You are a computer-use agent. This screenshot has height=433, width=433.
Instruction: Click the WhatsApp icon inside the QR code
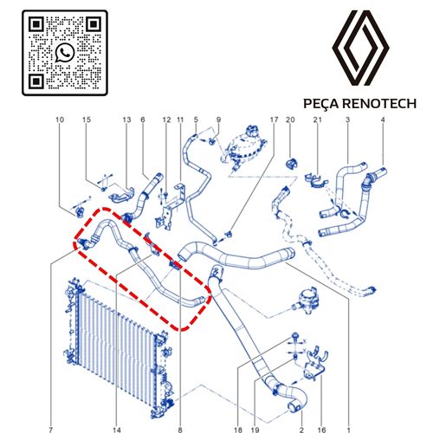[x=65, y=53]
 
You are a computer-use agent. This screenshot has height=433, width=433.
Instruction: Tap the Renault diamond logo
[x=360, y=48]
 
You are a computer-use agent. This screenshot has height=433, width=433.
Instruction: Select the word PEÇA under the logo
[x=321, y=104]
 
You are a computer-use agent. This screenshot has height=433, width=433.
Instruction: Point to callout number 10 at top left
[x=60, y=120]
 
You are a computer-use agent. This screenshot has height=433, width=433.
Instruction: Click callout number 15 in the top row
[x=87, y=120]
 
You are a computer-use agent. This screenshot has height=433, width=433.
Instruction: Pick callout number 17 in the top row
[x=274, y=120]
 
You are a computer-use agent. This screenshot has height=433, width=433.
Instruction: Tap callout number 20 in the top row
[x=290, y=120]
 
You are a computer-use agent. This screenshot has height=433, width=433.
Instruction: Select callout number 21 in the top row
[x=317, y=120]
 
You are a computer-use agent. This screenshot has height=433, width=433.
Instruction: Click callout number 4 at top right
[x=383, y=120]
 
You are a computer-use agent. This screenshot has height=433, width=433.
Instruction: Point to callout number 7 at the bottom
[x=51, y=430]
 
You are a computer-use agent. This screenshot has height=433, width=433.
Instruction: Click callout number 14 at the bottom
[x=117, y=430]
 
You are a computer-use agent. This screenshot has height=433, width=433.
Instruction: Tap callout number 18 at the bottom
[x=238, y=430]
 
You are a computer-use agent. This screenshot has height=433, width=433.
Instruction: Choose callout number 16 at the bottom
[x=321, y=430]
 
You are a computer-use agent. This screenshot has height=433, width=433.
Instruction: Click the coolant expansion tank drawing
[x=244, y=149]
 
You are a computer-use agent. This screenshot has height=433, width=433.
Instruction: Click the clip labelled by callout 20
[x=292, y=164]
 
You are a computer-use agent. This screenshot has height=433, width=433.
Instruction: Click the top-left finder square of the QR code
[x=36, y=24]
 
